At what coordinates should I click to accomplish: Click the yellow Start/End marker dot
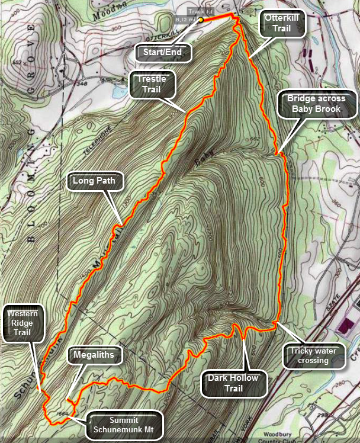pos(201,20)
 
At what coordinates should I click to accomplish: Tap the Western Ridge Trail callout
pos(24,324)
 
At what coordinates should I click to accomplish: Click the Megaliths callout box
pos(94,355)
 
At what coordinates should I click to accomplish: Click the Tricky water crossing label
pos(313,355)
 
